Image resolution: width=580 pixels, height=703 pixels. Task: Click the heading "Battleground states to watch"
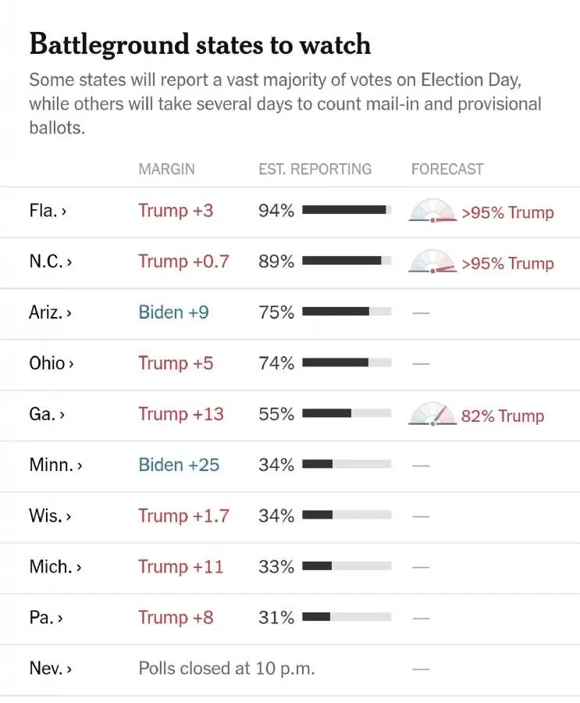pos(200,45)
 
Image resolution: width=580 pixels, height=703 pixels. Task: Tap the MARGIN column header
pos(166,169)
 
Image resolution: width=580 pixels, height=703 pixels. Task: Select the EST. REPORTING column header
pos(315,169)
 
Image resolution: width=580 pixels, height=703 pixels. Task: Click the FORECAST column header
pos(447,169)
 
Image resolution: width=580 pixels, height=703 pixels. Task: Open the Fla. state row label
pos(47,211)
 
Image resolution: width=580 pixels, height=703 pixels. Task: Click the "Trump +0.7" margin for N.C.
pos(183,262)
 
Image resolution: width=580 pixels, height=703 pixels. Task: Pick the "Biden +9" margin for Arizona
pos(173,312)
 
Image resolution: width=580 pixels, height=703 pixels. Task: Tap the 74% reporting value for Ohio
pos(276,363)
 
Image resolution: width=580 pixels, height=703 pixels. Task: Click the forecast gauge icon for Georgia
pos(432,414)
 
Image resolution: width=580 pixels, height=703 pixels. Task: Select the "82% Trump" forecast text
pos(503,416)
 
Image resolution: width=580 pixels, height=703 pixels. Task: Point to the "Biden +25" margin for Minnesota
pos(179,465)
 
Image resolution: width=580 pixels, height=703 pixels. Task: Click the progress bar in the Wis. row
pos(347,516)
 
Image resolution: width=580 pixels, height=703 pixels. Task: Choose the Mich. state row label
pos(55,566)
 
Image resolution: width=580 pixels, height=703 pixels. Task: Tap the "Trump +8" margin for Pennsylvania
pos(176,617)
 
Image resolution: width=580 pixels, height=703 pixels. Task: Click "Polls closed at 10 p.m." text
pos(226,669)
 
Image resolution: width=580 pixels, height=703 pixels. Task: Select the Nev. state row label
pos(50,669)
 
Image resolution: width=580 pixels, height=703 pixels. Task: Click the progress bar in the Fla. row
pos(347,210)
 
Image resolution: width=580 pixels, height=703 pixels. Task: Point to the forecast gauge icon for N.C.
pos(432,262)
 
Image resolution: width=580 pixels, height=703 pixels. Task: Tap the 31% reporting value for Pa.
pos(276,617)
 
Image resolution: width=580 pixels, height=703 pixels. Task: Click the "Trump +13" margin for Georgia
pos(181,414)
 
